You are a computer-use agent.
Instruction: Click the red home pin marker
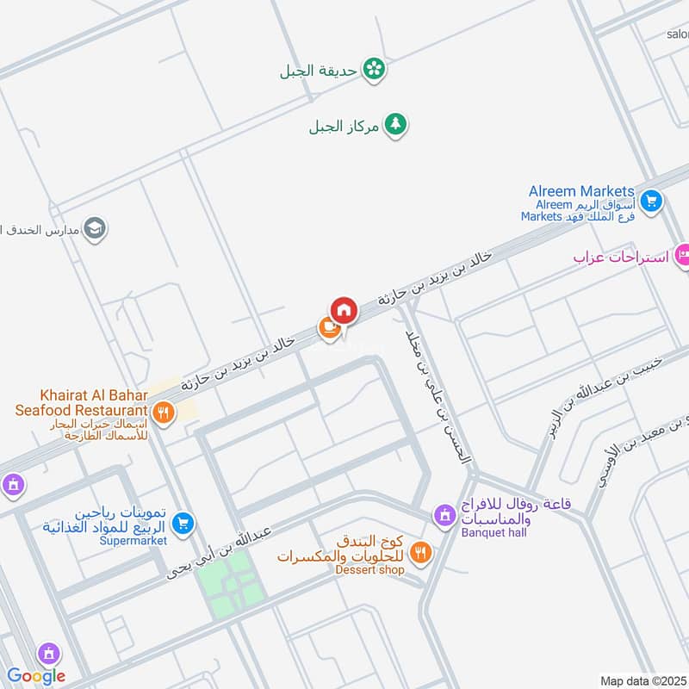[x=343, y=310]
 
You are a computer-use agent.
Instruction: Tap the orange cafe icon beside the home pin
[x=328, y=326]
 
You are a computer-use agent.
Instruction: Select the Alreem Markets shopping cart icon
[x=651, y=201]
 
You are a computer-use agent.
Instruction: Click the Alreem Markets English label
[x=581, y=190]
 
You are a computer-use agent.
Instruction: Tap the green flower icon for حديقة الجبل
[x=373, y=69]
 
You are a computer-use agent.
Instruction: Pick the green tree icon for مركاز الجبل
[x=395, y=125]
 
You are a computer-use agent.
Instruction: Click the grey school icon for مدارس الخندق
[x=96, y=228]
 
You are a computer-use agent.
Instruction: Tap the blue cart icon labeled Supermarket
[x=183, y=523]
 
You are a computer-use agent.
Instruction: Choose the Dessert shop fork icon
[x=420, y=552]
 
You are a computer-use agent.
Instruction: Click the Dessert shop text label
[x=369, y=569]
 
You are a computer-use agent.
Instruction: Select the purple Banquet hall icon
[x=444, y=514]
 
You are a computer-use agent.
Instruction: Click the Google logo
[x=36, y=676]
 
